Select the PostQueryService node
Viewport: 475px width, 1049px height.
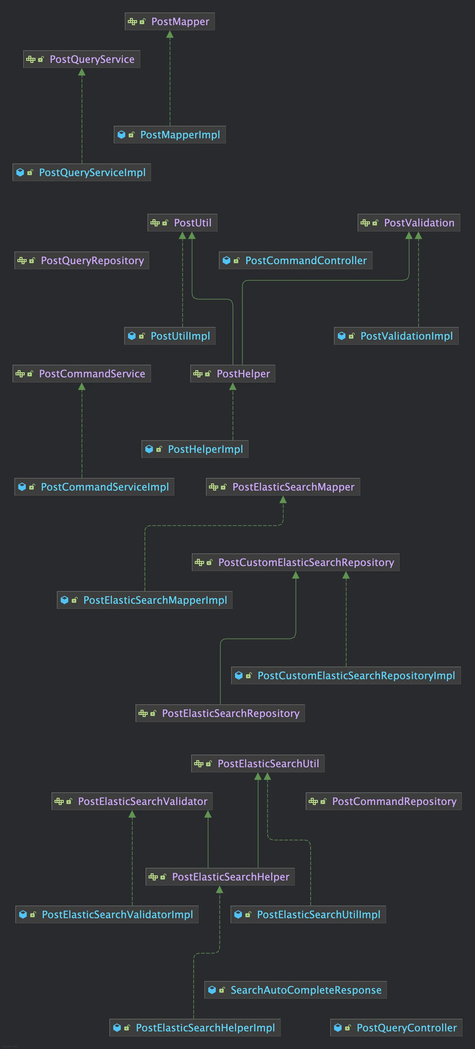click(x=81, y=59)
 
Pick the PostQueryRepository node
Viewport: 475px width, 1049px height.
click(x=81, y=261)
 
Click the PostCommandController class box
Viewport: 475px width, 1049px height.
click(x=295, y=261)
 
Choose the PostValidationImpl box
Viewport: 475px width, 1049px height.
click(x=396, y=336)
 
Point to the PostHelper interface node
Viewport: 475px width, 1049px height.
click(x=232, y=374)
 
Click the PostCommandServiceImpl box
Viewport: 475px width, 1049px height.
click(x=94, y=487)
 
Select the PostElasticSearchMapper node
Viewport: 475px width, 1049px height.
click(x=283, y=487)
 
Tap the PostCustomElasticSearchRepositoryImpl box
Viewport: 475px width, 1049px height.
click(x=346, y=675)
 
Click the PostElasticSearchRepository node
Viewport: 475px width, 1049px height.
click(x=220, y=713)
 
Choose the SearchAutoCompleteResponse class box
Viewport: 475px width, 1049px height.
click(x=295, y=990)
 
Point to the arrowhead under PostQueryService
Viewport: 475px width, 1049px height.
click(x=82, y=72)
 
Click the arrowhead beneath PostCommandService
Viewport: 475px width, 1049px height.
click(x=82, y=386)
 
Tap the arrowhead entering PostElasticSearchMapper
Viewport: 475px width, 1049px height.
click(x=283, y=500)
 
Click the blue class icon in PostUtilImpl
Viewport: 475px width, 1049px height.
click(x=131, y=336)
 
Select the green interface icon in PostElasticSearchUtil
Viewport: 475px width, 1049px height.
click(x=199, y=763)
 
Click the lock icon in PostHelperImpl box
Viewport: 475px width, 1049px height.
click(x=159, y=449)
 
